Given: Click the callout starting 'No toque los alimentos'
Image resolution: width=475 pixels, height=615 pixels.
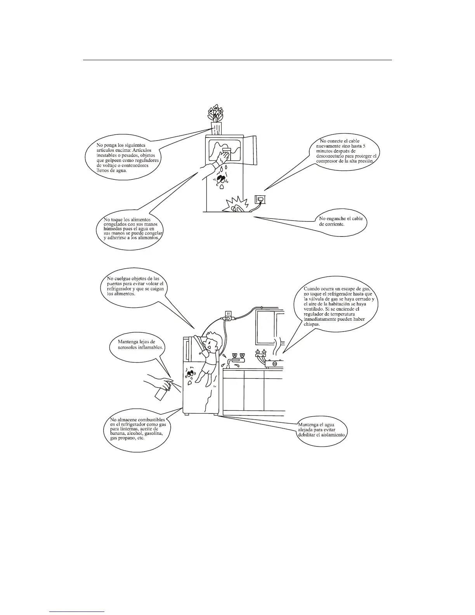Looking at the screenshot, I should tap(132, 229).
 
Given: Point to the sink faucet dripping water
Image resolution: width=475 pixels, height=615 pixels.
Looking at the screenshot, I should tap(235, 359).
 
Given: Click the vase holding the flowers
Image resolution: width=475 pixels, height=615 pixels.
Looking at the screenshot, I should tap(217, 128).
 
